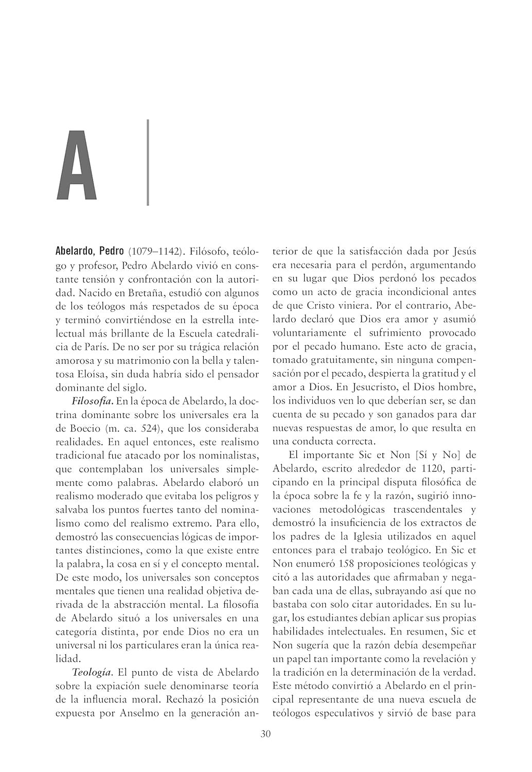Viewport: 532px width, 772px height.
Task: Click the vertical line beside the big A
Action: pyautogui.click(x=148, y=163)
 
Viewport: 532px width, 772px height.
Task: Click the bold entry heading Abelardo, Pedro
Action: pyautogui.click(x=90, y=252)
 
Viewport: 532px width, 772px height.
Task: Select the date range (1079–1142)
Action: pyautogui.click(x=155, y=252)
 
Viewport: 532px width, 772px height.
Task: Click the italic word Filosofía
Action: pyautogui.click(x=93, y=400)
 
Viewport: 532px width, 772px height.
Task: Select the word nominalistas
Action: pyautogui.click(x=230, y=454)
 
